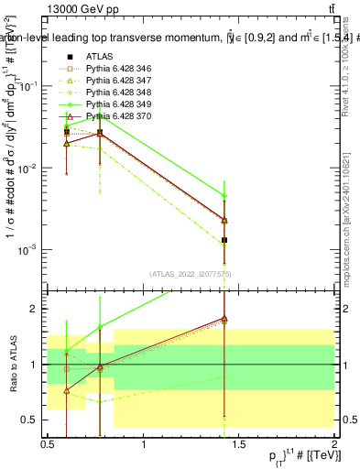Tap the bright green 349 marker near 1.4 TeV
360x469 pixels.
point(224,195)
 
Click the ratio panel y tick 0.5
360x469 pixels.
point(35,420)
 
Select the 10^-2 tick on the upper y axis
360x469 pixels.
point(30,169)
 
